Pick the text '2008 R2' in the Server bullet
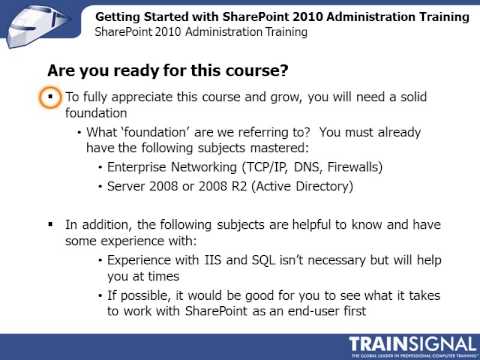(226, 186)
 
